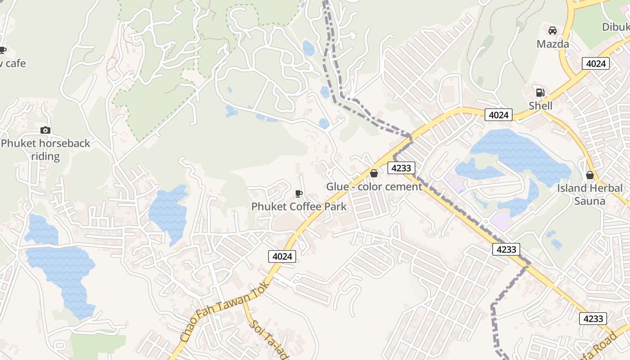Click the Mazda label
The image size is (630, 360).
click(x=553, y=44)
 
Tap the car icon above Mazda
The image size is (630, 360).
click(x=553, y=31)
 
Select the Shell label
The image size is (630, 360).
click(x=540, y=106)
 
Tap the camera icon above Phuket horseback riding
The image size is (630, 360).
click(x=45, y=130)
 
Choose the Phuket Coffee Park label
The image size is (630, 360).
click(x=299, y=207)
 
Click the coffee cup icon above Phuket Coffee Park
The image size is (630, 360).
click(x=298, y=193)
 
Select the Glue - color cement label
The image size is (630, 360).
click(x=374, y=186)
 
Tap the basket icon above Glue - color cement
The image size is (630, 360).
click(x=374, y=173)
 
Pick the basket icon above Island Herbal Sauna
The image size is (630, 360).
click(x=589, y=175)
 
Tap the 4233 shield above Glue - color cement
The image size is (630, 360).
click(x=401, y=168)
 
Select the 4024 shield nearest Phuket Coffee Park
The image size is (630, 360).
click(x=282, y=256)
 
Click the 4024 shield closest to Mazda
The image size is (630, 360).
click(x=596, y=63)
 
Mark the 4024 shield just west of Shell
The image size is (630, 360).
click(x=499, y=115)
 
